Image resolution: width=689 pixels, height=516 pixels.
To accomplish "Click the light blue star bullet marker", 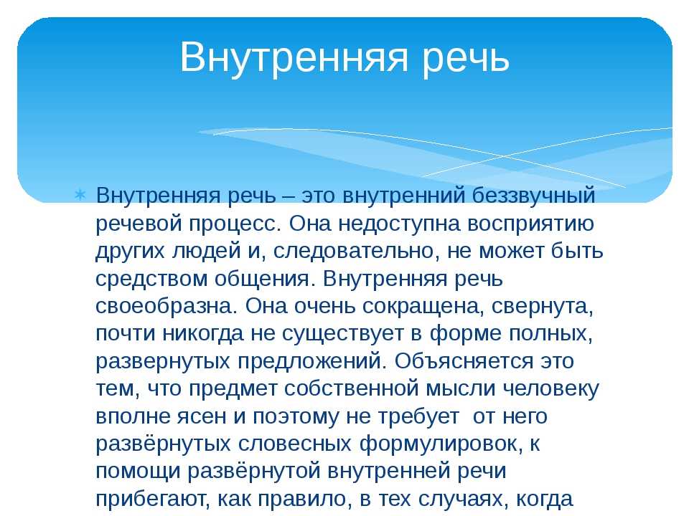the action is tap(80, 193).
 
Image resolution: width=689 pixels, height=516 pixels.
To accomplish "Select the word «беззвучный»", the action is tap(533, 196).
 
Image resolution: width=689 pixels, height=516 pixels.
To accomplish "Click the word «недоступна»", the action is tap(400, 224).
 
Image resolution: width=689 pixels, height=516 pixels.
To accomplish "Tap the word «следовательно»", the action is tap(354, 252).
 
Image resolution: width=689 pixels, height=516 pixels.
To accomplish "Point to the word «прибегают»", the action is tap(150, 500).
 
